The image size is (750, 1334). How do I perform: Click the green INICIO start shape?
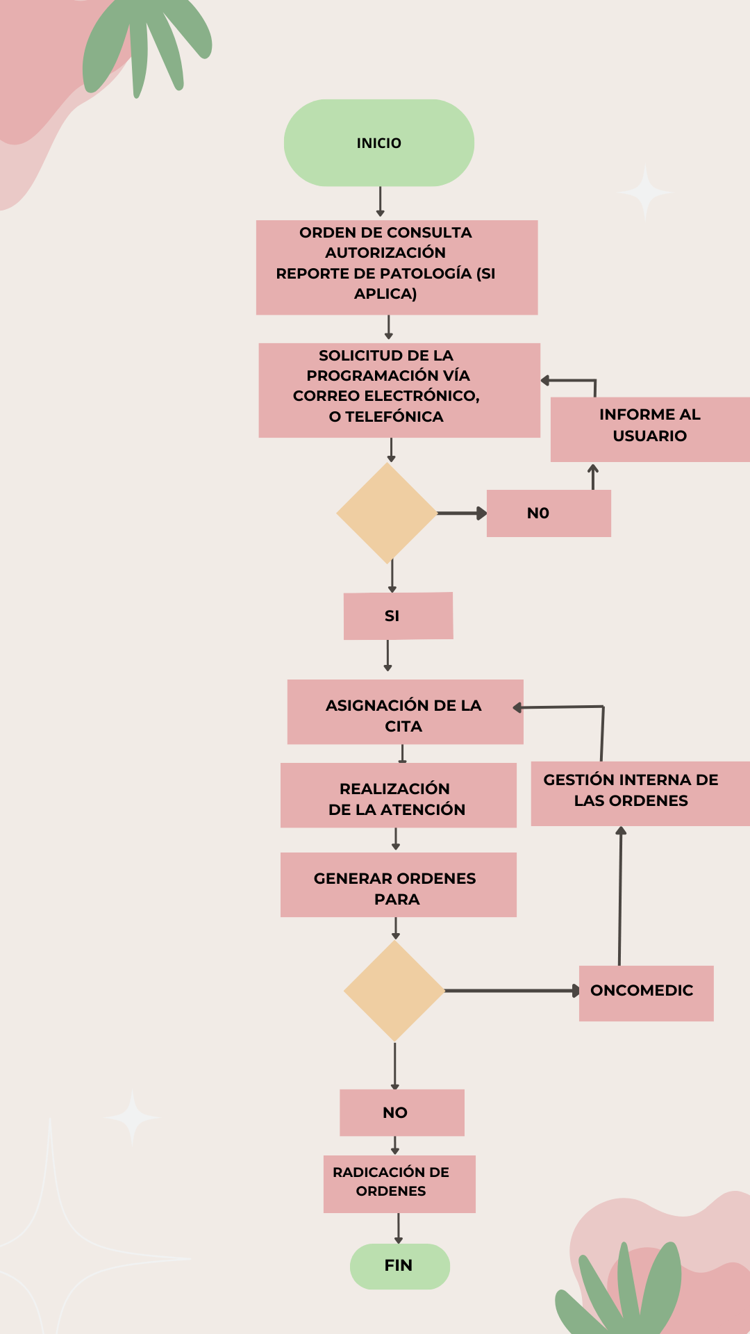[x=378, y=143]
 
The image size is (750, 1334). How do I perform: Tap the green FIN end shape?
[x=399, y=1266]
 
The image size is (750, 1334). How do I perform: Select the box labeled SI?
[x=398, y=616]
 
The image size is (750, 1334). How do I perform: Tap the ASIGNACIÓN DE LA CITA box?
[x=405, y=712]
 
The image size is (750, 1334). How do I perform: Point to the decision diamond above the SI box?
[x=387, y=513]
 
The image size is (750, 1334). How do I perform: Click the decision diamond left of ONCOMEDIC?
[x=394, y=991]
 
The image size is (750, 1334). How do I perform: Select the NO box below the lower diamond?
[x=401, y=1112]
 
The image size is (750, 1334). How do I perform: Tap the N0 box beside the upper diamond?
[x=549, y=513]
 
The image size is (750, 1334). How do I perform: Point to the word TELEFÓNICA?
[x=394, y=417]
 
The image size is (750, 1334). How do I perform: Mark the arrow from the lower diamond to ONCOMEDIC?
[x=510, y=991]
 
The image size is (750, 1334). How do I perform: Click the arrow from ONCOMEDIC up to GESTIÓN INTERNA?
[x=620, y=896]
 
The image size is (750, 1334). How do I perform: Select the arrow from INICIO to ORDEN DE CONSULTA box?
[x=380, y=202]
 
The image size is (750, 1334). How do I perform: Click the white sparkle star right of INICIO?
[x=645, y=192]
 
